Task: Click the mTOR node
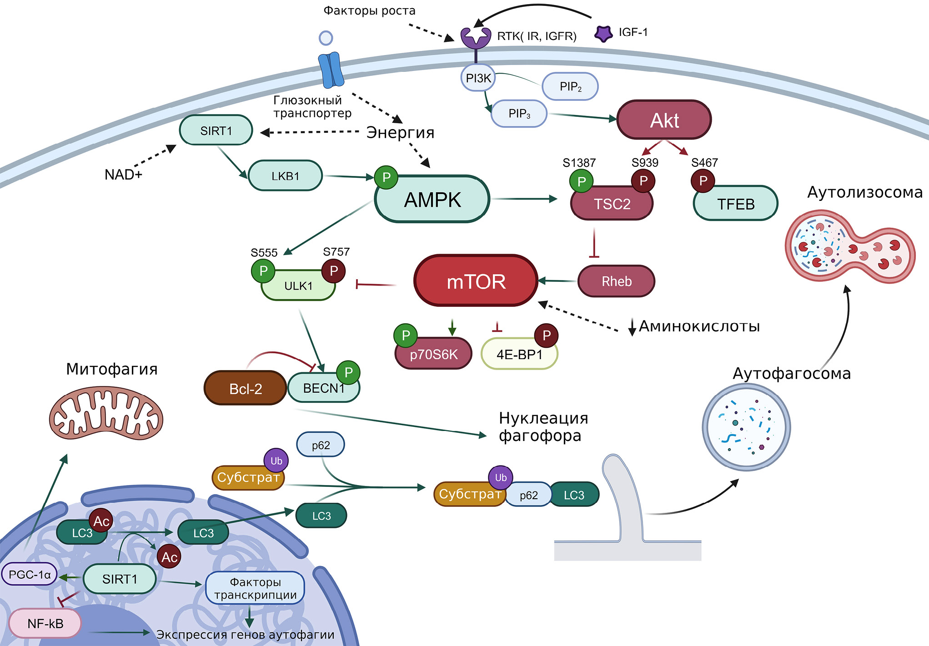coord(476,281)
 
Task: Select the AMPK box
coord(432,200)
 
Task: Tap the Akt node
coord(664,120)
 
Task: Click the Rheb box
coord(616,281)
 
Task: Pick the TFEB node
coord(736,204)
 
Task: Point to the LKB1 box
coord(285,176)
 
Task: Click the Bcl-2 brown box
coord(246,389)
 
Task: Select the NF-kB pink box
coord(45,623)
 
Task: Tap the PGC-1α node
coord(30,575)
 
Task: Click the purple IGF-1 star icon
coord(603,33)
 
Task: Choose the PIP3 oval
coord(519,114)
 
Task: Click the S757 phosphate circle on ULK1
coord(334,271)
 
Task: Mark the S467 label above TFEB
coord(704,163)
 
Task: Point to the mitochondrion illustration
coord(106,413)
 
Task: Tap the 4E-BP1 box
coord(519,354)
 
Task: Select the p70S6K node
coord(433,354)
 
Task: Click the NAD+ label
coord(123,175)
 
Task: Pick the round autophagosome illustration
coord(746,427)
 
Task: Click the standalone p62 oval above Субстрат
coord(321,445)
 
